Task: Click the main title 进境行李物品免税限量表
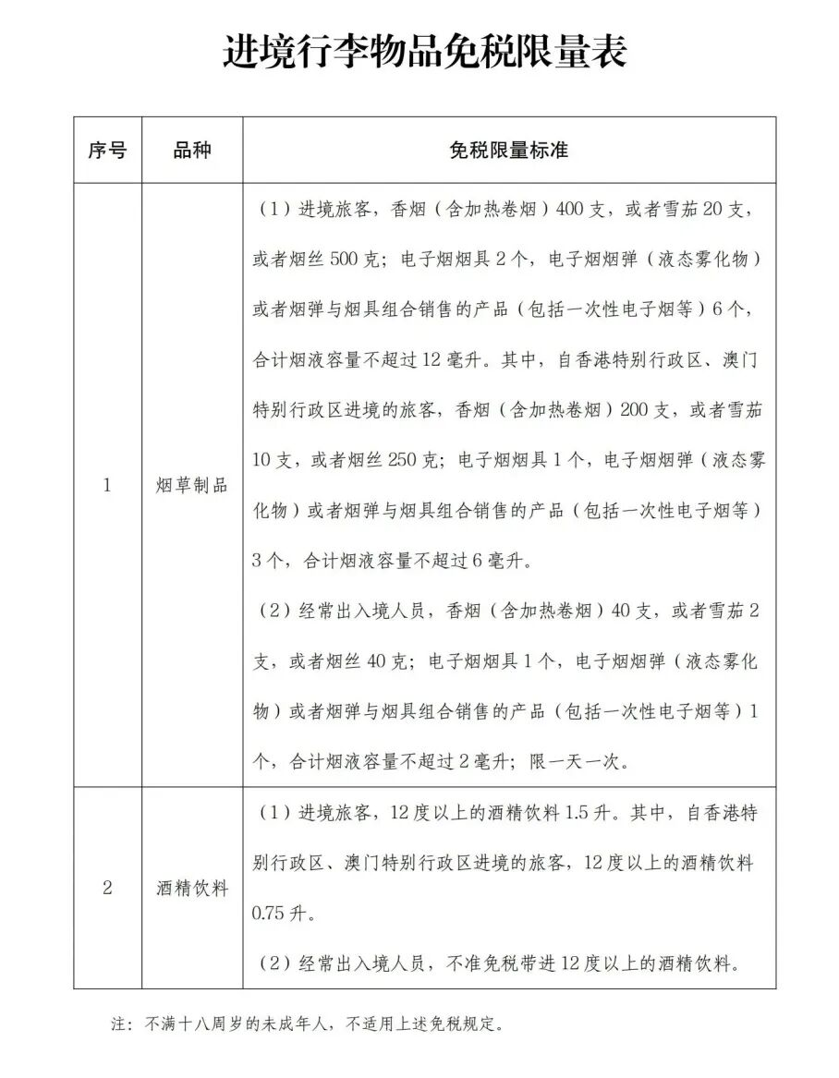[x=424, y=53]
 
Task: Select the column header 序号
[x=107, y=151]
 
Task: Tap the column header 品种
[x=192, y=151]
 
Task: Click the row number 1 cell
[x=107, y=485]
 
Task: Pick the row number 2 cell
[x=107, y=888]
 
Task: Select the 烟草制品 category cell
[x=192, y=485]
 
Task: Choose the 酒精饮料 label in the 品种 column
[x=192, y=888]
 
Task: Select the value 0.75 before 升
[x=270, y=914]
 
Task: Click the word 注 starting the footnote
[x=116, y=1023]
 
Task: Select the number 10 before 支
[x=262, y=460]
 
